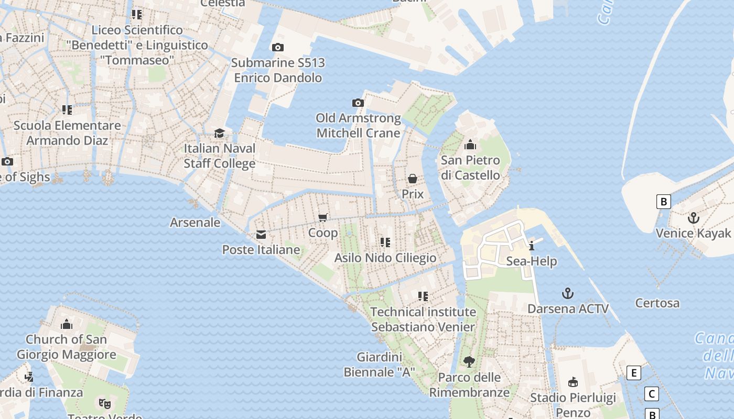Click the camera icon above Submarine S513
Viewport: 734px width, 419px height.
(278, 48)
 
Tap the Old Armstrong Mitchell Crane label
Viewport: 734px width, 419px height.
(358, 126)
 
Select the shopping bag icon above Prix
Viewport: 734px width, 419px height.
(413, 179)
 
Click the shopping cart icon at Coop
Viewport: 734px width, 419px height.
(323, 217)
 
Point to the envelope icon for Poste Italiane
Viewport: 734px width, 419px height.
(261, 235)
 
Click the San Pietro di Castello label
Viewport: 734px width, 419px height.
(470, 168)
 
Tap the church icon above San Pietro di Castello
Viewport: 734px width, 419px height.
(470, 145)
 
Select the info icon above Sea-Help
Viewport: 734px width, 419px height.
(532, 246)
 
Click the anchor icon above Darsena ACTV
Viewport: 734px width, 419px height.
(567, 293)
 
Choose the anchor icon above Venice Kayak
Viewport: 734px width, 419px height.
(694, 217)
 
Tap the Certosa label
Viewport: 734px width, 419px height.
(657, 303)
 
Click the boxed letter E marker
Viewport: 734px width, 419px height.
(634, 373)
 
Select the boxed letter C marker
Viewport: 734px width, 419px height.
(651, 394)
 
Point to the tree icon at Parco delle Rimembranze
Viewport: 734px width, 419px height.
(469, 361)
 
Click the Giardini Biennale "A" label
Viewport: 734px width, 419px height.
(379, 365)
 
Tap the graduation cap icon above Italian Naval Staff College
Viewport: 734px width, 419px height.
(219, 133)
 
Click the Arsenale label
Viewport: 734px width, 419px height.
(195, 223)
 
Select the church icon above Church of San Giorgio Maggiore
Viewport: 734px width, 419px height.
(66, 324)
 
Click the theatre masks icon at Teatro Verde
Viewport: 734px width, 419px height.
(105, 403)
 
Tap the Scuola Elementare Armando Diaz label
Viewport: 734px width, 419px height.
(67, 133)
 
